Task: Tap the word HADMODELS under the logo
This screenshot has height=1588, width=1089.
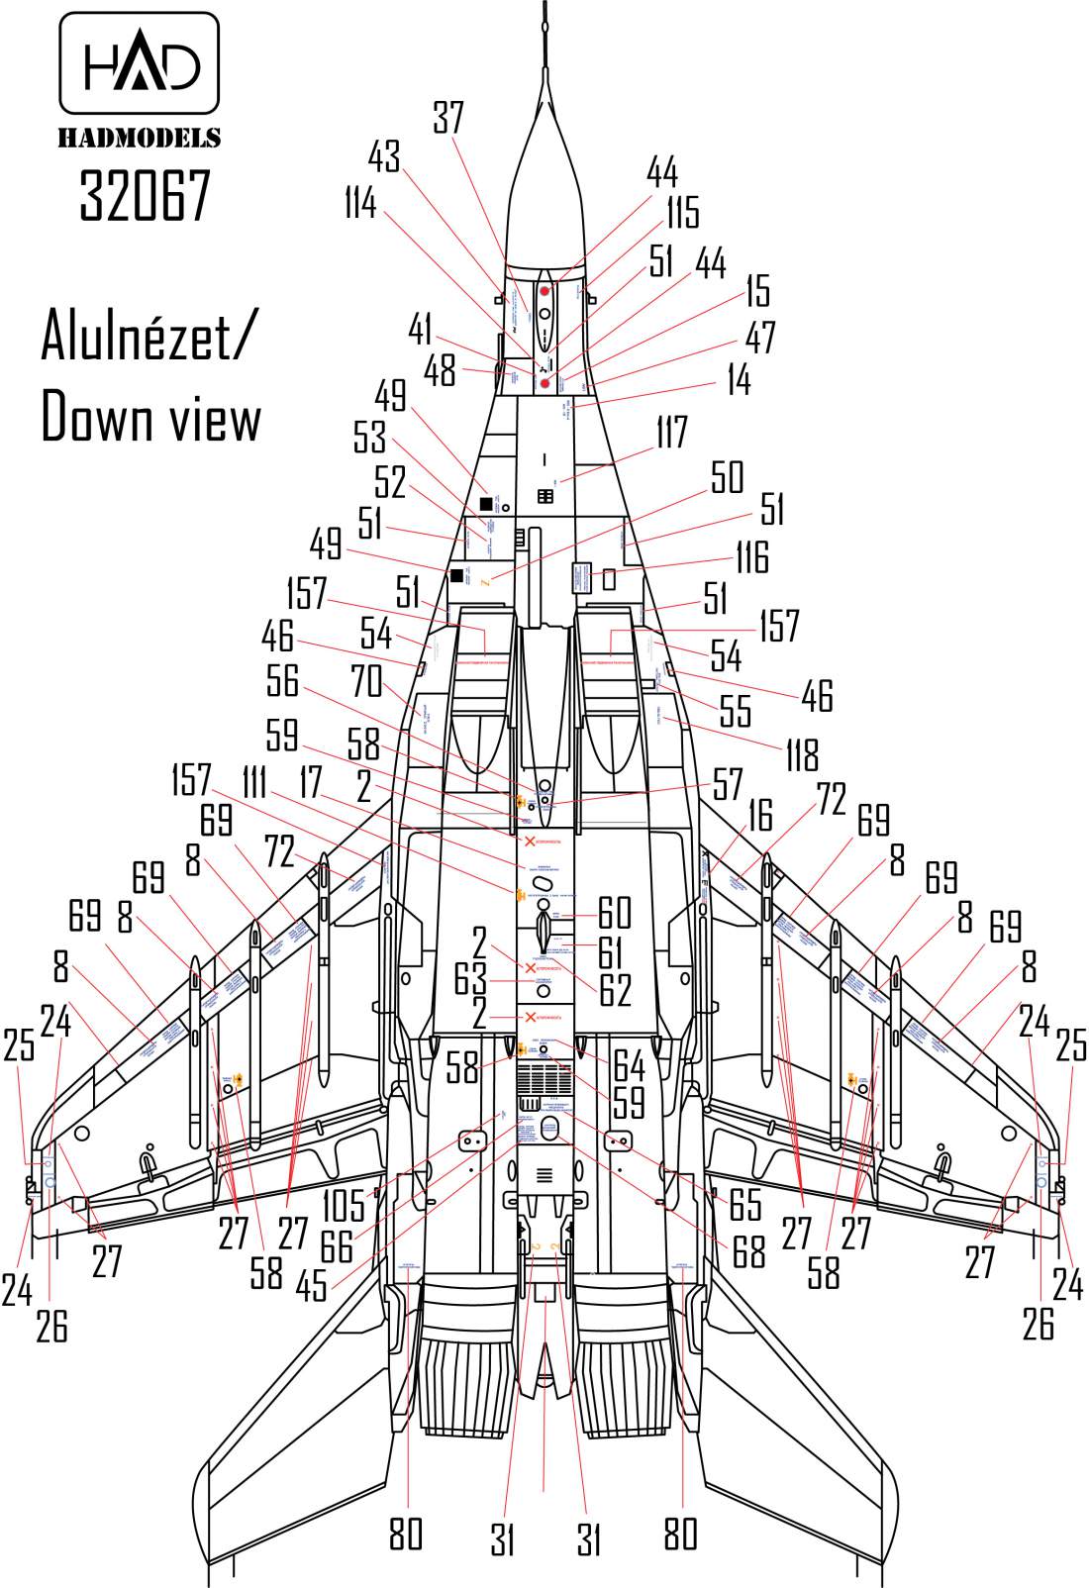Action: [x=140, y=138]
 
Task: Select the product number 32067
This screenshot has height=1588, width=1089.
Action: [x=146, y=194]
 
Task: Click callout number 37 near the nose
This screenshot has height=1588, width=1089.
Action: [x=447, y=119]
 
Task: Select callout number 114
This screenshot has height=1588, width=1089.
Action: [x=360, y=204]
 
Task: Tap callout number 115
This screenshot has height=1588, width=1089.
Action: [x=681, y=212]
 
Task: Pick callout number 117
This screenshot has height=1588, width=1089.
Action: [x=670, y=433]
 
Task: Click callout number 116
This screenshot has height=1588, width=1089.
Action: [x=751, y=557]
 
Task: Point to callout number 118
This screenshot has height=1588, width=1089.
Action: [x=801, y=754]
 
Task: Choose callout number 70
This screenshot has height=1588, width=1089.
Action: [x=366, y=681]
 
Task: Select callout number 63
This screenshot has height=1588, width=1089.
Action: [x=470, y=979]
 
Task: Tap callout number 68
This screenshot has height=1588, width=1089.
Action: [x=748, y=1251]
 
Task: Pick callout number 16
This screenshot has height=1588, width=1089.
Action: [x=759, y=816]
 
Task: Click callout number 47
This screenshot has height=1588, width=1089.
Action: [x=760, y=338]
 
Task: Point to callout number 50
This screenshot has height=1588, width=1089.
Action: [x=727, y=478]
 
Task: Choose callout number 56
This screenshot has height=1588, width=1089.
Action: [x=282, y=681]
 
